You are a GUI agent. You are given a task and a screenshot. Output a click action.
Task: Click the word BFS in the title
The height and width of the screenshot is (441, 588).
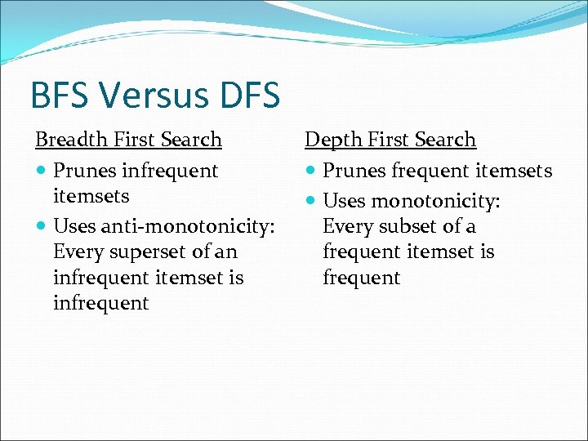pos(60,96)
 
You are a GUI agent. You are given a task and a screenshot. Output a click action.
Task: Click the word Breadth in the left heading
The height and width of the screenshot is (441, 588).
pos(70,140)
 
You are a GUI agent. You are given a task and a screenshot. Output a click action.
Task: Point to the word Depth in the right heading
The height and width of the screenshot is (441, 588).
pos(332,140)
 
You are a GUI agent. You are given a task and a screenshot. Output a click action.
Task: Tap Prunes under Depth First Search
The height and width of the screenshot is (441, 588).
pos(354,171)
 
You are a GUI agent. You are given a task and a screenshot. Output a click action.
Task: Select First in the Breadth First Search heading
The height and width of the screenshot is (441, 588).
pos(135,140)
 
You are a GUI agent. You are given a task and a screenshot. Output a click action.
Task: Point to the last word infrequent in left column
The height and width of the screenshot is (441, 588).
pos(100,304)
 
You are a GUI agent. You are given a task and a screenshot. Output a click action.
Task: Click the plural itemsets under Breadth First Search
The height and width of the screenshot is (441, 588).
pos(91,197)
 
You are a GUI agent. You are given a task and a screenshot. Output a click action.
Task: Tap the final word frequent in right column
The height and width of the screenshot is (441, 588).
pos(361,278)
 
